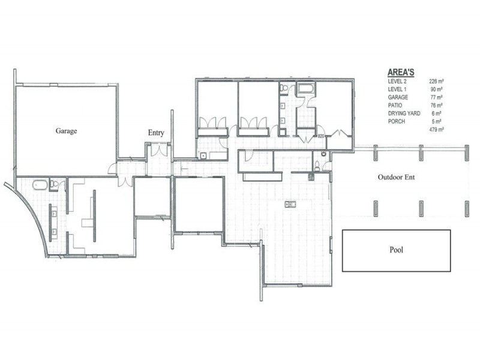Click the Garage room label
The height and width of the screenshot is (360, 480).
point(66,130)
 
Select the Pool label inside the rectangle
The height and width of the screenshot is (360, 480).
point(396,250)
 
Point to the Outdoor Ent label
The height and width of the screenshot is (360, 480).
point(396,178)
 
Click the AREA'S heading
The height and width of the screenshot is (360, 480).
point(405,70)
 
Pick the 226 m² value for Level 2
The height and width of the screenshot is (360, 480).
point(436,80)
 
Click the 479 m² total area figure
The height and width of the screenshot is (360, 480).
point(436,129)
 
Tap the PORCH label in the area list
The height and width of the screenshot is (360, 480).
point(397,121)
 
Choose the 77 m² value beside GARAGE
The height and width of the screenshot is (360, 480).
point(436,97)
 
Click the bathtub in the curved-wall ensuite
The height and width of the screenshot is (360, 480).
point(39,184)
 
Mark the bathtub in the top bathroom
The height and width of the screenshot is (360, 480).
point(306,89)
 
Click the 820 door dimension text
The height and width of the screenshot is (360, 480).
point(321,136)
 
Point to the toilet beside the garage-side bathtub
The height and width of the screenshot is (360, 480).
point(53,185)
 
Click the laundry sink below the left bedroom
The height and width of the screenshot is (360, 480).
point(203,156)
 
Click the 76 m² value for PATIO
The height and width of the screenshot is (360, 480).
point(436,105)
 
